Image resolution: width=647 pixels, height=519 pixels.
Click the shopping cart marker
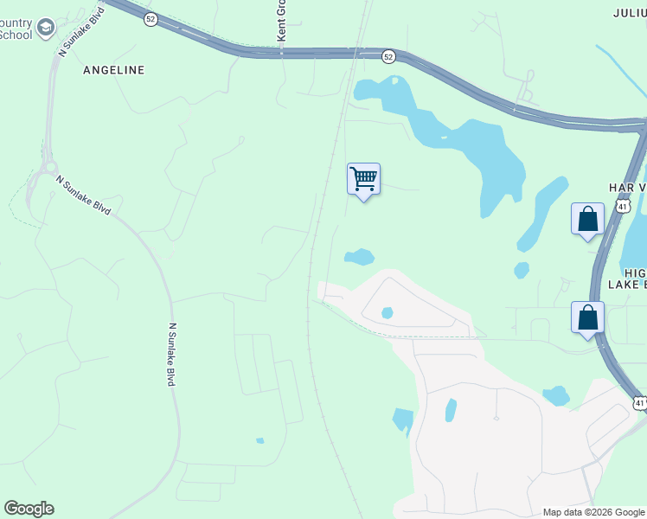pyautogui.click(x=364, y=180)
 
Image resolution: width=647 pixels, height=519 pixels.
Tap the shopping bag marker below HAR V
pyautogui.click(x=587, y=220)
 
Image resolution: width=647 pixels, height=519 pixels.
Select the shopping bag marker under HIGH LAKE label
pyautogui.click(x=587, y=317)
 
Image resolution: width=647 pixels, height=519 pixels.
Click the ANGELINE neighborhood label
pyautogui.click(x=113, y=69)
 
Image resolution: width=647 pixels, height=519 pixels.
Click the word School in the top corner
pyautogui.click(x=16, y=35)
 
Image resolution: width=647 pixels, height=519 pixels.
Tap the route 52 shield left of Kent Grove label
pyautogui.click(x=151, y=19)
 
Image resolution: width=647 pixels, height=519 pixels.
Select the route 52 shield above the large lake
pyautogui.click(x=388, y=56)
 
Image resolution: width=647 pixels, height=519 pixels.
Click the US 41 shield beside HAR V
pyautogui.click(x=624, y=206)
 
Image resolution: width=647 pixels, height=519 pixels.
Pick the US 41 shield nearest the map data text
pyautogui.click(x=639, y=403)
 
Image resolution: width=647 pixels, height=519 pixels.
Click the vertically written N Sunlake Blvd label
pyautogui.click(x=172, y=355)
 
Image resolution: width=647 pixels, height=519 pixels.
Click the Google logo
pyautogui.click(x=29, y=509)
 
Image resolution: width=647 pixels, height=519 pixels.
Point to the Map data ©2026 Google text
pyautogui.click(x=593, y=512)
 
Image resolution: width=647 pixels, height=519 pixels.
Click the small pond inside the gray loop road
pyautogui.click(x=387, y=312)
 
